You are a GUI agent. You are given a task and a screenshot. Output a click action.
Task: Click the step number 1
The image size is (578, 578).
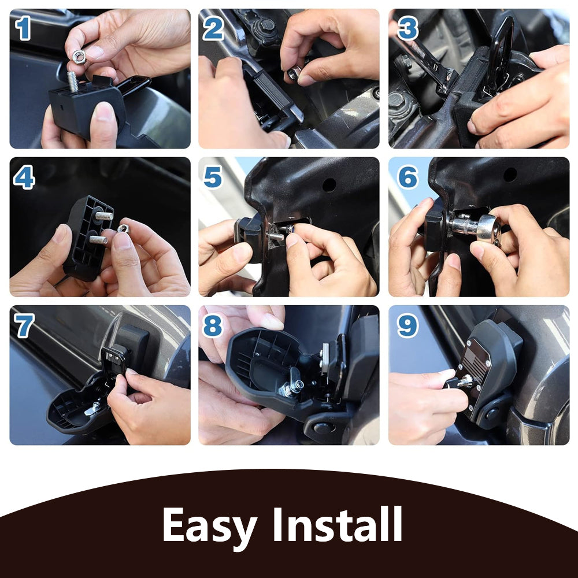pyautogui.click(x=23, y=29)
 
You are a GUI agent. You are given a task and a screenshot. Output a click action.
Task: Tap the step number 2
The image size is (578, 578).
pyautogui.click(x=213, y=29)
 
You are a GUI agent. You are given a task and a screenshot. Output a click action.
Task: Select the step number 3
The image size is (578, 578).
pyautogui.click(x=407, y=29)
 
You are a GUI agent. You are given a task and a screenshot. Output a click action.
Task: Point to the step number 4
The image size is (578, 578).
pyautogui.click(x=24, y=178)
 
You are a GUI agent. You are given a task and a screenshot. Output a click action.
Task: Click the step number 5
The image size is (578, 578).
pyautogui.click(x=213, y=178)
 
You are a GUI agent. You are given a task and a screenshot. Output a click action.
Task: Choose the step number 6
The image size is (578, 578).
pyautogui.click(x=407, y=178)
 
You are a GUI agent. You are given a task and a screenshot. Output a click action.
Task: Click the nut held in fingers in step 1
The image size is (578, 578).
pyautogui.click(x=79, y=56)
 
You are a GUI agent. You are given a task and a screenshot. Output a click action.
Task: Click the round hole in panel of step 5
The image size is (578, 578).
pyautogui.click(x=329, y=184)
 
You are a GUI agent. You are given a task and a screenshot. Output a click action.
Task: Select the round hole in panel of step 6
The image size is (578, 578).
pyautogui.click(x=510, y=174)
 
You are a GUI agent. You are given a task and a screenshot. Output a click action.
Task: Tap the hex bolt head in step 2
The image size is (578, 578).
pyautogui.click(x=266, y=25)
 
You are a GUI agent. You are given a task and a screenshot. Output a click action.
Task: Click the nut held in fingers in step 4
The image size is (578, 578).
pyautogui.click(x=123, y=228)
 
